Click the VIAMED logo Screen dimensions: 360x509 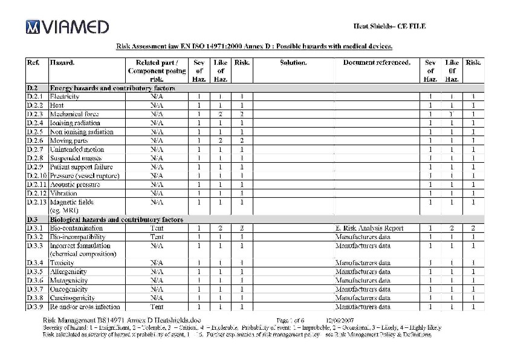coord(67,27)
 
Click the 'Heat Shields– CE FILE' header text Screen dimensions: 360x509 coord(389,25)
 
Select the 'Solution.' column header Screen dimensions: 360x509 coord(293,62)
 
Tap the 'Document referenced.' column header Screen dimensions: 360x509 coord(376,62)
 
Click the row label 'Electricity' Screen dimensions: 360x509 coord(65,96)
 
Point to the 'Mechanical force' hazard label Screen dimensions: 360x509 coord(74,114)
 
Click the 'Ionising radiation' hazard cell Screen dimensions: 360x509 coord(75,123)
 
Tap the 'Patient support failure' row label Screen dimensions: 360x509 coord(81,167)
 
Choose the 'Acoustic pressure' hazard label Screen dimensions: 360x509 coord(75,185)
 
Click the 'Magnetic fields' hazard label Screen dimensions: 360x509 coord(72,202)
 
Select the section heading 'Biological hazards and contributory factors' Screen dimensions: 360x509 coord(116,220)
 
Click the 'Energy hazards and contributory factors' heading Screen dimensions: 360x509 coord(112,88)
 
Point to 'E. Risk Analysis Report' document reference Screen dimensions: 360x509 coord(369,228)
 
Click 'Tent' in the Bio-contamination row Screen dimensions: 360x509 coord(157,228)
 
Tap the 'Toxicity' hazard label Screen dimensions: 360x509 coord(62,263)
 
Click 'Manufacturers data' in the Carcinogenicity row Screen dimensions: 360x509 coord(363,298)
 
